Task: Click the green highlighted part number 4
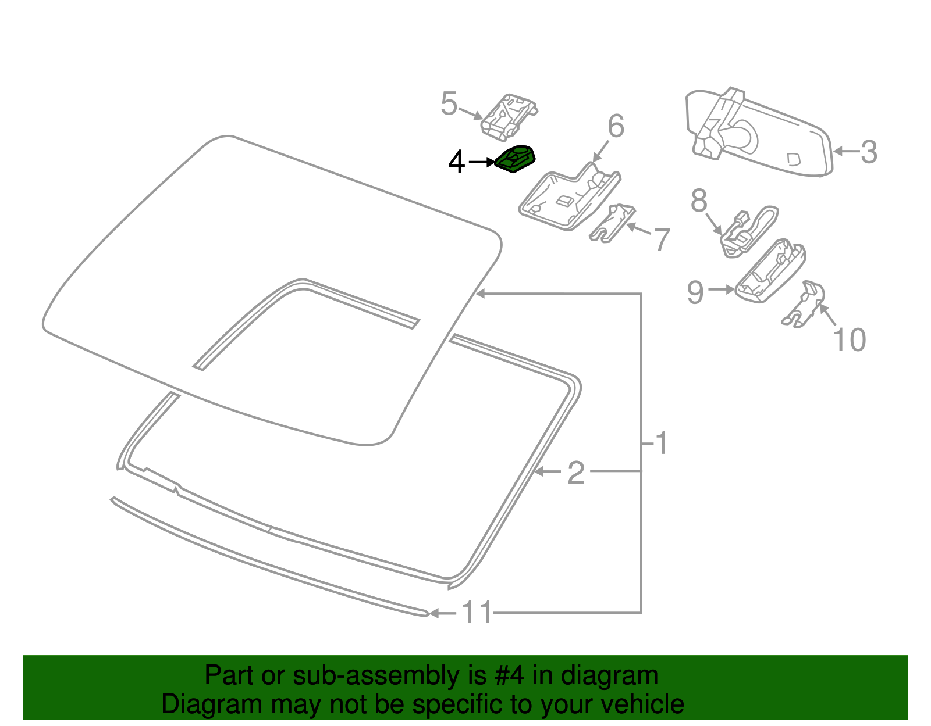pos(516,159)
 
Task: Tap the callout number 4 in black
pos(457,162)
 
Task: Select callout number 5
pos(449,104)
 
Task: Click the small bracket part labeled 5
pos(509,119)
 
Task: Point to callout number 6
pos(616,126)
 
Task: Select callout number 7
pos(662,239)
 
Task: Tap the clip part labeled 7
pos(611,223)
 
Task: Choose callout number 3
pos(868,152)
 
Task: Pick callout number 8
pos(699,201)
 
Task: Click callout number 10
pos(850,339)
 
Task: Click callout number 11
pos(477,613)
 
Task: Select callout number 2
pos(575,473)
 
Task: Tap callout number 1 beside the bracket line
pos(661,444)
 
